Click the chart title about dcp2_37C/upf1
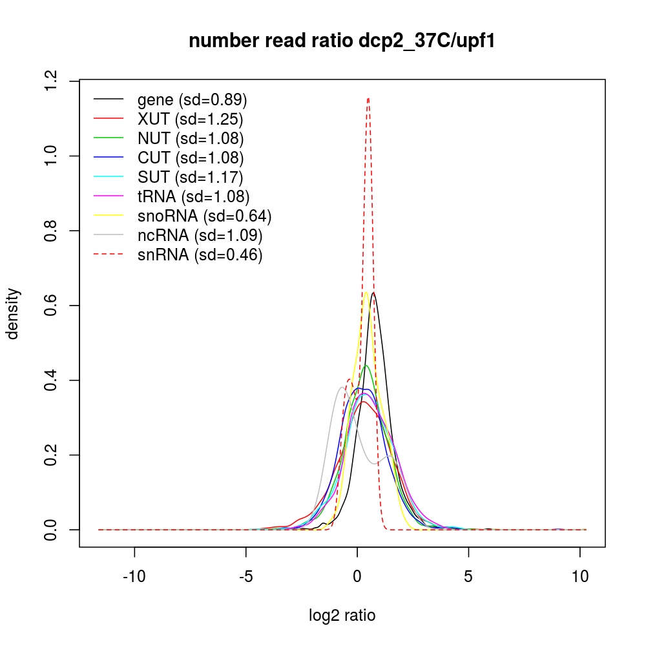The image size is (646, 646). pyautogui.click(x=342, y=41)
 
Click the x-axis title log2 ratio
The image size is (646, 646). pyautogui.click(x=342, y=616)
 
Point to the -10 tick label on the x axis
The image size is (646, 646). pyautogui.click(x=134, y=577)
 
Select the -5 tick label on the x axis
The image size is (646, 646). pyautogui.click(x=245, y=577)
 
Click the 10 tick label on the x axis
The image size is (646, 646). pyautogui.click(x=579, y=577)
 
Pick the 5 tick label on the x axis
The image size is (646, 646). pyautogui.click(x=468, y=577)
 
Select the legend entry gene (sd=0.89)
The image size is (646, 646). pyautogui.click(x=193, y=100)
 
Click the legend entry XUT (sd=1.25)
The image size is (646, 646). pyautogui.click(x=190, y=120)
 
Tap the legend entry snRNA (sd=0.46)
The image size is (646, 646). pyautogui.click(x=200, y=255)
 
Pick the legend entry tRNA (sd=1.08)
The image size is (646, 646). pyautogui.click(x=193, y=196)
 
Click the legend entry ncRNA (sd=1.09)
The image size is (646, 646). pyautogui.click(x=200, y=235)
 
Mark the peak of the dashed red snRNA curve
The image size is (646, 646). pyautogui.click(x=368, y=98)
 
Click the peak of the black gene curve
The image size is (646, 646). pyautogui.click(x=373, y=293)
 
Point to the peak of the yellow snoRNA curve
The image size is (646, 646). pyautogui.click(x=366, y=292)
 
